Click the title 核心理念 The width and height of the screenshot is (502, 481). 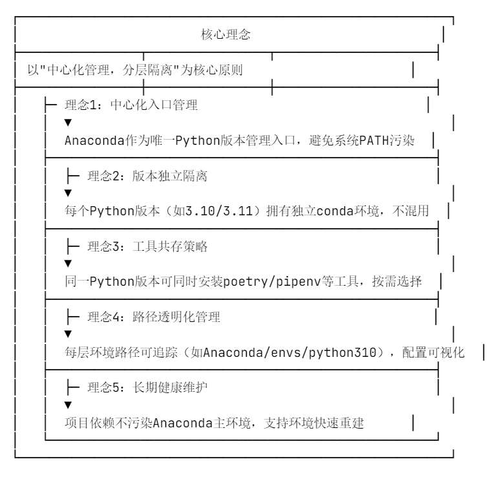click(x=226, y=36)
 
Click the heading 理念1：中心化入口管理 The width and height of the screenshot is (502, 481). click(x=131, y=105)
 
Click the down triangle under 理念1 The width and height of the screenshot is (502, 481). click(x=68, y=122)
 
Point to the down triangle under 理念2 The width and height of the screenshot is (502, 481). click(x=68, y=193)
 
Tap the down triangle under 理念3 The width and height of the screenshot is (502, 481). click(x=68, y=263)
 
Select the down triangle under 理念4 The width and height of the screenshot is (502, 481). click(x=68, y=334)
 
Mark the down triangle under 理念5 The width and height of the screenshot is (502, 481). click(x=68, y=404)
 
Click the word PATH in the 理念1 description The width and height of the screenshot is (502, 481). click(x=377, y=140)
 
